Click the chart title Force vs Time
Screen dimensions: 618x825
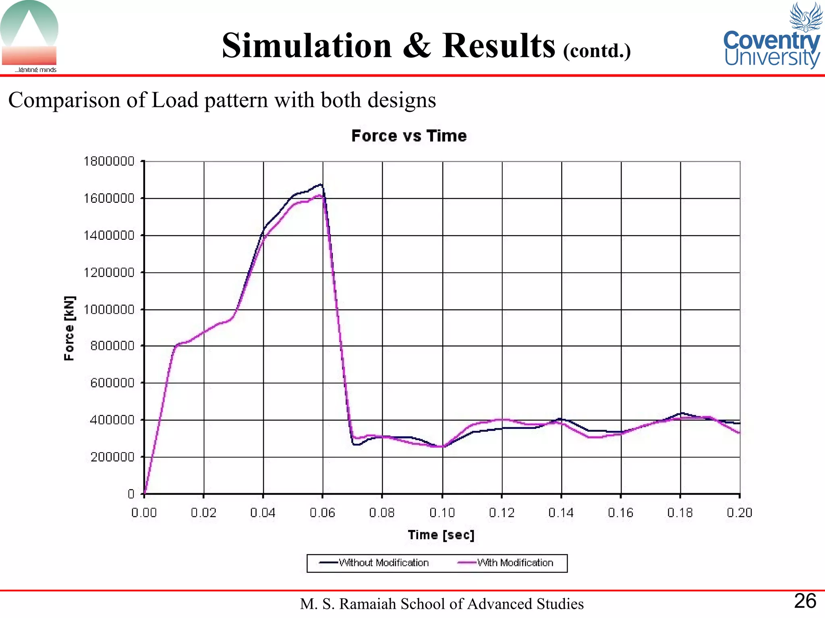click(x=409, y=136)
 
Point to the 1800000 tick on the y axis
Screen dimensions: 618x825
click(x=109, y=161)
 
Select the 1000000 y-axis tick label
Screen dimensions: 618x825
click(x=109, y=309)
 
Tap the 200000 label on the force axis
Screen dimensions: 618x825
click(x=112, y=457)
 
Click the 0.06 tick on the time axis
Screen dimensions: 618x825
click(x=322, y=513)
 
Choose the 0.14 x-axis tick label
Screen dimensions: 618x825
click(x=561, y=513)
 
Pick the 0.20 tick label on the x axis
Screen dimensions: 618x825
click(x=739, y=513)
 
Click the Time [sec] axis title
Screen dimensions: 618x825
click(x=441, y=535)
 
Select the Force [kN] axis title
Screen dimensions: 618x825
click(x=69, y=328)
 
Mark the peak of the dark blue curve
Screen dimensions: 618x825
click(x=321, y=185)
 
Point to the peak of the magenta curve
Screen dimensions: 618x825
click(x=319, y=196)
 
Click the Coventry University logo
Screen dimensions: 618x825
click(x=772, y=36)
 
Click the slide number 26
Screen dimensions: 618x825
click(x=805, y=601)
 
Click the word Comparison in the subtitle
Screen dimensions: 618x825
click(x=64, y=100)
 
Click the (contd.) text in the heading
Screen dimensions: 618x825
click(x=597, y=51)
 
